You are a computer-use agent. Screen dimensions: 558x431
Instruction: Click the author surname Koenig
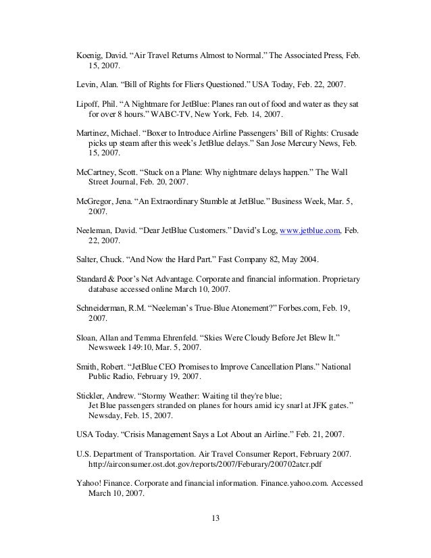tap(89, 55)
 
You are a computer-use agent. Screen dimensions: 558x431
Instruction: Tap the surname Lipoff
tap(88, 104)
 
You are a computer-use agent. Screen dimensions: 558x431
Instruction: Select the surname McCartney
tap(97, 172)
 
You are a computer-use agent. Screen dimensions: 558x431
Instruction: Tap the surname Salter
tap(88, 259)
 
